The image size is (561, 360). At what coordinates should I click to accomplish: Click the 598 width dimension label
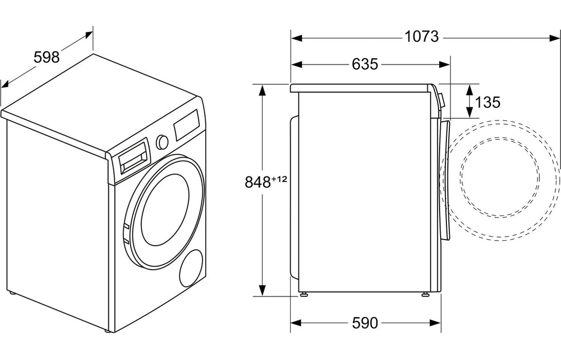click(47, 57)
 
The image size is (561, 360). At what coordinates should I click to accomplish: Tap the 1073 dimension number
click(421, 37)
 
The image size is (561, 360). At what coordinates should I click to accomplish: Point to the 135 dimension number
click(487, 102)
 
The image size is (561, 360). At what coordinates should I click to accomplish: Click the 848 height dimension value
click(258, 182)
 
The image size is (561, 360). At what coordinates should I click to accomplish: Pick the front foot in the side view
click(426, 295)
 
